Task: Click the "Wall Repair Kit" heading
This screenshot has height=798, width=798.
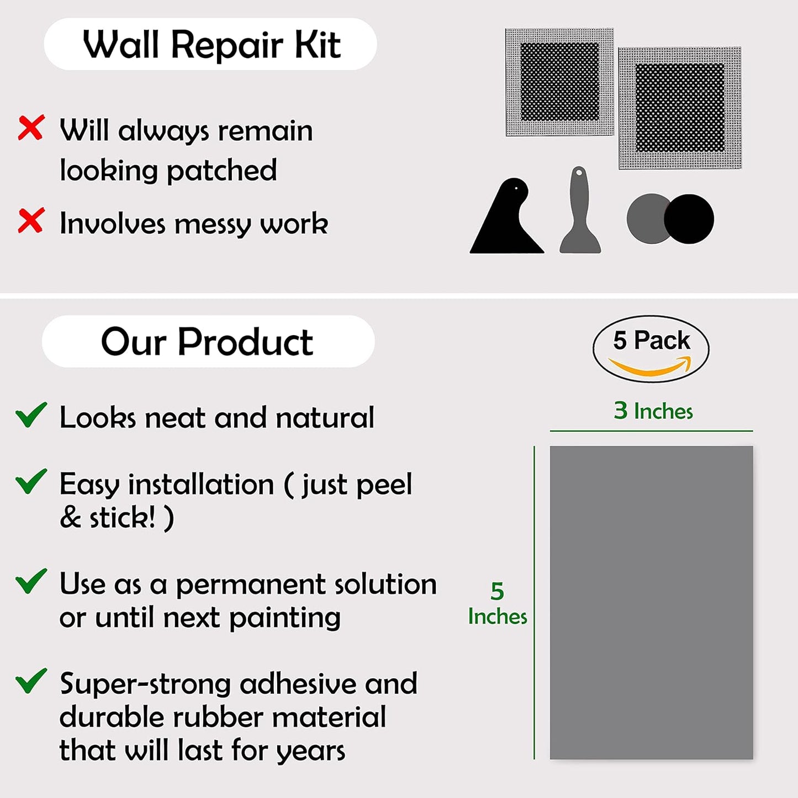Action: [x=211, y=44]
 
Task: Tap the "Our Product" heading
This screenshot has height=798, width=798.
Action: [x=207, y=342]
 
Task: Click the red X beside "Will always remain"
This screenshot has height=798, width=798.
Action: [x=31, y=128]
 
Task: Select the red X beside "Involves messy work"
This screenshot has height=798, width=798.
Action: [x=31, y=221]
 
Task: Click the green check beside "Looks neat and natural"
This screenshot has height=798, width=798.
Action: [x=31, y=415]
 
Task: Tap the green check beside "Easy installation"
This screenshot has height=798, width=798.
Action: [x=31, y=482]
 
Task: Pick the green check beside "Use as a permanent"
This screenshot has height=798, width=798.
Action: [x=31, y=582]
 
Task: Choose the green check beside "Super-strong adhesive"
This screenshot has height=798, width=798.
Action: [x=31, y=681]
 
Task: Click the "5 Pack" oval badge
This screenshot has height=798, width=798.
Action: [x=651, y=348]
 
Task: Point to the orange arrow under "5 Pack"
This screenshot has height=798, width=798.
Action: [x=651, y=367]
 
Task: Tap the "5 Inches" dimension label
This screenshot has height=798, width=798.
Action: [x=497, y=604]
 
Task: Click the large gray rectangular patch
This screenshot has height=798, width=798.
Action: [x=651, y=602]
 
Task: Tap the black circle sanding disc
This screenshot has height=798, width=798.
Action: [x=689, y=219]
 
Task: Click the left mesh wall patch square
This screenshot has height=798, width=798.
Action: [x=559, y=82]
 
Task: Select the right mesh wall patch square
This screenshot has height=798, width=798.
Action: [x=680, y=108]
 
